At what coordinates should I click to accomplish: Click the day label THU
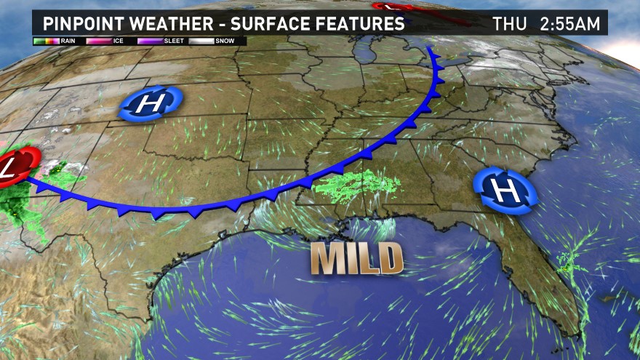(510, 23)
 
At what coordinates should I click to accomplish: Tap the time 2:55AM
(571, 23)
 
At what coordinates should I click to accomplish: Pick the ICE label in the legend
(119, 41)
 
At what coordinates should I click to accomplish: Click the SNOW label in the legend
(225, 41)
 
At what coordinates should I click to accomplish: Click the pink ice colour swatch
(97, 41)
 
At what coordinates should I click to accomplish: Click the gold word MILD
(357, 258)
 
